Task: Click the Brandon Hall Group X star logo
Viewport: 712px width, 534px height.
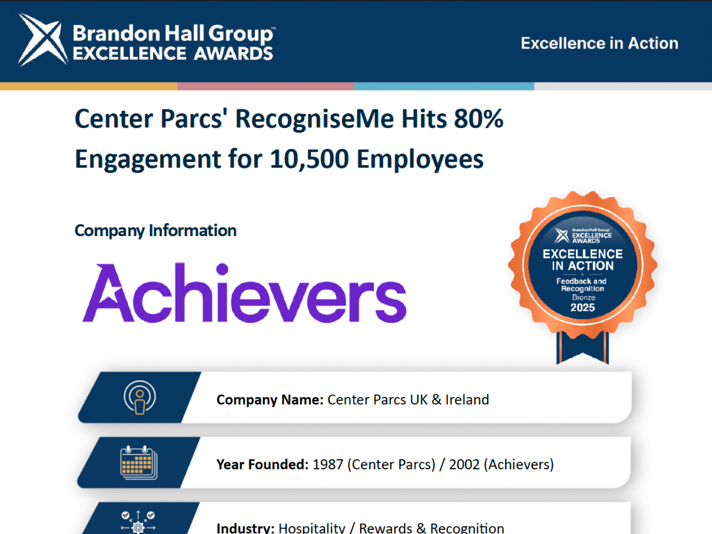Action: click(x=43, y=40)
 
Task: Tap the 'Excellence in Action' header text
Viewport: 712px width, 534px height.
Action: click(x=599, y=43)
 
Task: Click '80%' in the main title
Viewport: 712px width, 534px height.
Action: click(x=478, y=119)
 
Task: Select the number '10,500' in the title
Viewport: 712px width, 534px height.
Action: click(x=309, y=159)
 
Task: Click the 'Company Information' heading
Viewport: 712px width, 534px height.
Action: click(x=155, y=231)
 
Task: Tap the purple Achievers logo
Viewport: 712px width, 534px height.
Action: click(x=244, y=293)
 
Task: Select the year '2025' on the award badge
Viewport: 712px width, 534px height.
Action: click(x=583, y=307)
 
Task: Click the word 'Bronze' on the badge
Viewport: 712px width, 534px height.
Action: click(x=584, y=297)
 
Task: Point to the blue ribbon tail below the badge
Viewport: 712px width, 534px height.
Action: click(x=583, y=347)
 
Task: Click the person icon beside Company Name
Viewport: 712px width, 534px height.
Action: click(x=140, y=398)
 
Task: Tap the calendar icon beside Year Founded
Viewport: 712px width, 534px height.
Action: click(x=139, y=462)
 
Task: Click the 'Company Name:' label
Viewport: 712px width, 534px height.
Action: click(x=270, y=400)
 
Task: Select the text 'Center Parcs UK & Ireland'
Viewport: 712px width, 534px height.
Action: click(x=408, y=400)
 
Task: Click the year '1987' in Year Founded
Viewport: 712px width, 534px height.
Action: click(x=328, y=465)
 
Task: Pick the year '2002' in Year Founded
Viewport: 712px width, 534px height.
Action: click(x=464, y=465)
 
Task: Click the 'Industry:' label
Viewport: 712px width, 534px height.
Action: click(x=246, y=529)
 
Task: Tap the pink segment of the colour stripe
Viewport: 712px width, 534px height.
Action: click(x=266, y=86)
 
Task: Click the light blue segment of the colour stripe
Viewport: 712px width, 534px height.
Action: click(x=444, y=86)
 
